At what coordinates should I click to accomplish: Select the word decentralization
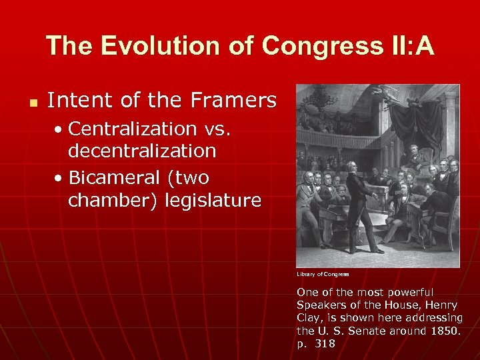click(142, 151)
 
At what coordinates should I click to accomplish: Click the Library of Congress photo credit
click(323, 274)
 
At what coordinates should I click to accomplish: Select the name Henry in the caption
click(443, 305)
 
